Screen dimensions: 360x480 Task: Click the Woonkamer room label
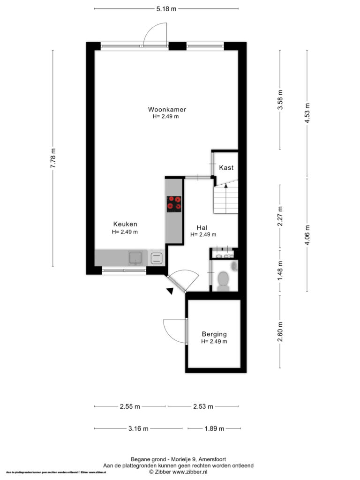point(167,109)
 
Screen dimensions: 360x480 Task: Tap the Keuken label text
point(125,224)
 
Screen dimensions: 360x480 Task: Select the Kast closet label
point(226,167)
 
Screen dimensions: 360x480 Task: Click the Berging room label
point(214,334)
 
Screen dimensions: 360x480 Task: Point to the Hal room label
point(202,227)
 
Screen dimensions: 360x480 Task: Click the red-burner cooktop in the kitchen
point(174,204)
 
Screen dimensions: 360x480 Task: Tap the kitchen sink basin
point(135,258)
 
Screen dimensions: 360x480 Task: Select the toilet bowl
point(224,279)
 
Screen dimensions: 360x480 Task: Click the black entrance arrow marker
point(170,291)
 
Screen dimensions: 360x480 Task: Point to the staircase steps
point(226,198)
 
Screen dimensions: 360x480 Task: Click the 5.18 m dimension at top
point(166,9)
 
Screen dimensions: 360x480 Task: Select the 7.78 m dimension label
point(53,158)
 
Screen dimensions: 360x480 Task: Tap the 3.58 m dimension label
point(280,100)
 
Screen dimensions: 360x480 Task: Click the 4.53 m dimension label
point(307,113)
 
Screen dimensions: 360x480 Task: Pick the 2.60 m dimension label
point(280,331)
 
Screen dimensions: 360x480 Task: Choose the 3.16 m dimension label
point(138,428)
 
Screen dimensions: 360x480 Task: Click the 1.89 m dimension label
point(214,428)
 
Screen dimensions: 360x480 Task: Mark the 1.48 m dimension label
point(280,271)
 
